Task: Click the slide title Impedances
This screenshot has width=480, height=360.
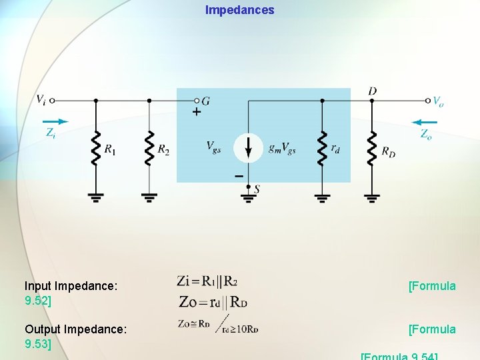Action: click(x=239, y=10)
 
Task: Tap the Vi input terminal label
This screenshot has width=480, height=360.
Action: click(x=41, y=100)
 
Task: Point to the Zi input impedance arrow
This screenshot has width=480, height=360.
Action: click(x=58, y=122)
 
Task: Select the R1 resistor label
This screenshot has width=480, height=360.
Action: click(x=109, y=150)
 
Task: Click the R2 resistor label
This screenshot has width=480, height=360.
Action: click(x=163, y=150)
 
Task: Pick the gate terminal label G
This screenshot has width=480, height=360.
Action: click(x=205, y=101)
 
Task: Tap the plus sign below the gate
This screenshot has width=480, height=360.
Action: click(x=196, y=113)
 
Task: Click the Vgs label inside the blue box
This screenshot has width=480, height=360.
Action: click(x=214, y=147)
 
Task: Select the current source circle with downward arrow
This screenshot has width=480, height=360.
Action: click(x=248, y=148)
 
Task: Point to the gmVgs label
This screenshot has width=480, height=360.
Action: click(x=282, y=148)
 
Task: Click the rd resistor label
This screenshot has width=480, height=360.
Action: click(x=335, y=149)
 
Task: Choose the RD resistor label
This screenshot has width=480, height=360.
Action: click(x=388, y=152)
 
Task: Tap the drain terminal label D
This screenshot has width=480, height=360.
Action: click(x=372, y=91)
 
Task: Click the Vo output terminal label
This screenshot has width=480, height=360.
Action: click(x=438, y=101)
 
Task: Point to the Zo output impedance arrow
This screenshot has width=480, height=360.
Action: click(x=425, y=123)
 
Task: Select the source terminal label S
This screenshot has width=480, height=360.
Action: click(x=257, y=189)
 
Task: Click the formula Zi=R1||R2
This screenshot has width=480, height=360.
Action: click(x=207, y=281)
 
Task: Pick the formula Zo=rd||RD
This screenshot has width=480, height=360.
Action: click(x=213, y=302)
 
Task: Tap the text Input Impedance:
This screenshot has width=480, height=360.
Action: click(x=71, y=286)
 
